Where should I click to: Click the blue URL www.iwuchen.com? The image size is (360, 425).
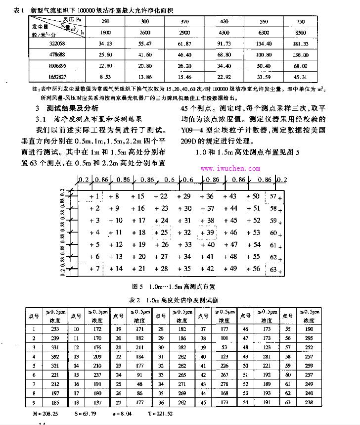(x=230, y=168)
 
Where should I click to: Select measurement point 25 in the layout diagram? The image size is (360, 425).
(x=163, y=232)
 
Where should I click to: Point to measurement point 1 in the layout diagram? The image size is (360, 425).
(x=95, y=196)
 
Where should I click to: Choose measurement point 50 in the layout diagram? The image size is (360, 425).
(x=253, y=196)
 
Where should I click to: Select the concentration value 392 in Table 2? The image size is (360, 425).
(x=54, y=355)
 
